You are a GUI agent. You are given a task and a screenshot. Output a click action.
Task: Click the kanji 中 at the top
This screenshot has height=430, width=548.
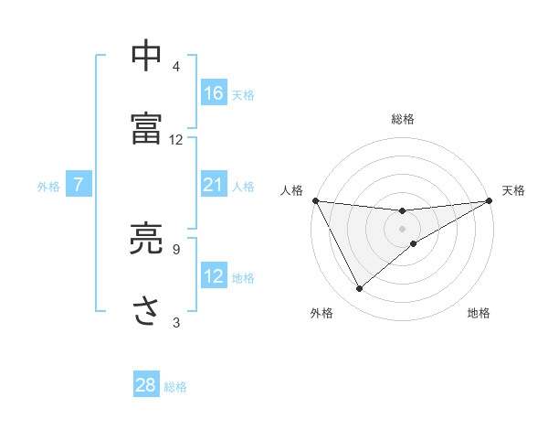click(147, 56)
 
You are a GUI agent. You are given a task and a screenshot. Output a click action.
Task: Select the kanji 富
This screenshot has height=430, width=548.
click(147, 127)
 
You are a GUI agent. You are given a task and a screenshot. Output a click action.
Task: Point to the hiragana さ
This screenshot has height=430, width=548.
click(147, 310)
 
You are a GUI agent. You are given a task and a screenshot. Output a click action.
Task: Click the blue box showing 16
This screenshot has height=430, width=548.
click(214, 93)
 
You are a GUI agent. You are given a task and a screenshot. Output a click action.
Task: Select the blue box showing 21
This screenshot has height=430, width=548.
click(214, 185)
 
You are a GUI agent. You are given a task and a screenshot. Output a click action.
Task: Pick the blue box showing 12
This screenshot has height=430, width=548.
click(214, 276)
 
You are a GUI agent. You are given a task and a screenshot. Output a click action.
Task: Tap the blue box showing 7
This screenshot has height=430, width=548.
click(79, 185)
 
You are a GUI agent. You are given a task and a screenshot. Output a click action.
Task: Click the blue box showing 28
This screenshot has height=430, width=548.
click(146, 385)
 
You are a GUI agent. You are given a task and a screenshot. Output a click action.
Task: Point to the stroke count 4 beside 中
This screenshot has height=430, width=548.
click(176, 67)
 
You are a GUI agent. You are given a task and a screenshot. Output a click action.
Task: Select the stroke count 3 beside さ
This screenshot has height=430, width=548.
click(176, 321)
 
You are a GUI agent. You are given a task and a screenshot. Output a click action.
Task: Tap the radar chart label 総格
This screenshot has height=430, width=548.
click(403, 119)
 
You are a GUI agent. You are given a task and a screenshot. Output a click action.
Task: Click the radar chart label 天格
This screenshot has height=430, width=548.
click(514, 190)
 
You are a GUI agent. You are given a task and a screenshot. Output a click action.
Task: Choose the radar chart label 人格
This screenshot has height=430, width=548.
click(291, 190)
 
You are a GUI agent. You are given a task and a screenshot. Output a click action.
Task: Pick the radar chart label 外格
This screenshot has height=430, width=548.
click(321, 314)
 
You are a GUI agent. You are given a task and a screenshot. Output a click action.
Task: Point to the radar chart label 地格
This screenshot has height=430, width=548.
click(479, 314)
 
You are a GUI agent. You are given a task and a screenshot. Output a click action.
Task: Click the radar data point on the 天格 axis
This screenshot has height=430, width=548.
click(490, 200)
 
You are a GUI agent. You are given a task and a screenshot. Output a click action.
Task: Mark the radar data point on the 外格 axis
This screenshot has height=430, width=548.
click(359, 289)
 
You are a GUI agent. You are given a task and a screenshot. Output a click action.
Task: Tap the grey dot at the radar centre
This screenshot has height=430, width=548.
click(403, 229)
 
